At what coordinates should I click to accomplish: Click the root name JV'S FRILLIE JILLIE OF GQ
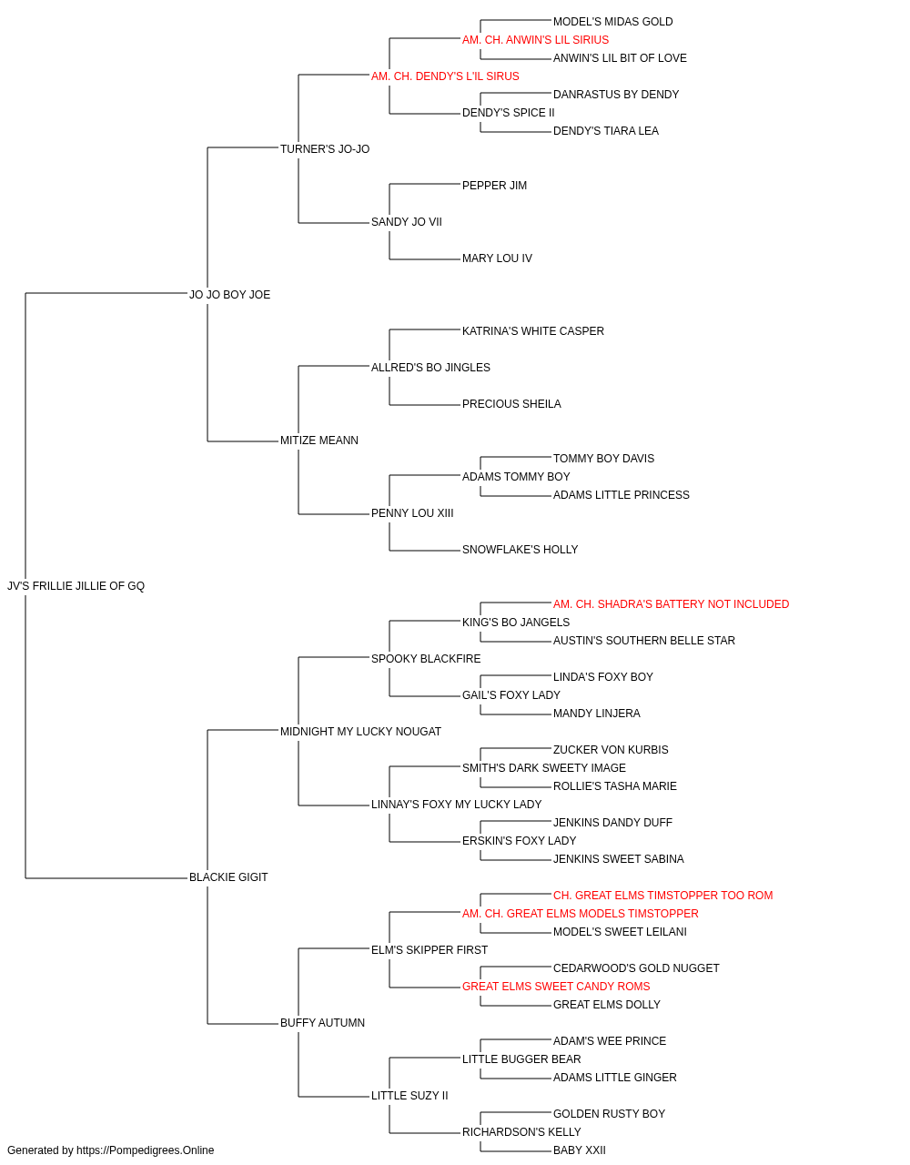tap(76, 586)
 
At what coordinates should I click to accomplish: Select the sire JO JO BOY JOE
tap(229, 295)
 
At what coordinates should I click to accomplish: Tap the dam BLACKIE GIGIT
tap(228, 877)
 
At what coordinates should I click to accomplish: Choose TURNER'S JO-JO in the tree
tap(325, 149)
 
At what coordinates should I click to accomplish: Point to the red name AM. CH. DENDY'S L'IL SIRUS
tap(445, 76)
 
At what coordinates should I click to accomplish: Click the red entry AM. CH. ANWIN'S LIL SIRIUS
tap(535, 40)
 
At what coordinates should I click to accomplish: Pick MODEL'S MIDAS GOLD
tap(612, 22)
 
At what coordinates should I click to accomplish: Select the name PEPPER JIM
tap(494, 186)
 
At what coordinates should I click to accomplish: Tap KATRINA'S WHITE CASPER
tap(532, 331)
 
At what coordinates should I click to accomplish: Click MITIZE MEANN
tap(318, 441)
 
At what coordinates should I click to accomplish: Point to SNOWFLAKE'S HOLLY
tap(520, 550)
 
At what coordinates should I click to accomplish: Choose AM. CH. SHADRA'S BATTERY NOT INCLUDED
tap(671, 604)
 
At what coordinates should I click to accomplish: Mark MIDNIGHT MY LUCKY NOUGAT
tap(360, 731)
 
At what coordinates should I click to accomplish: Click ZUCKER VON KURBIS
tap(611, 749)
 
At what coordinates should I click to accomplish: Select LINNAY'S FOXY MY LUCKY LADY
tap(456, 805)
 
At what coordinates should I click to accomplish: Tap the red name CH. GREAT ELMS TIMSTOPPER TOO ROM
tap(663, 896)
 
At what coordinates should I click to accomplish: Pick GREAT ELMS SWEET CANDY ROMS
tap(556, 987)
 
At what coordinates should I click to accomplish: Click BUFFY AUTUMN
tap(322, 1023)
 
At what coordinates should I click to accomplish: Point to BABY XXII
tap(580, 1150)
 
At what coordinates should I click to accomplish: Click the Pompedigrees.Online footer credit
tap(110, 1150)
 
